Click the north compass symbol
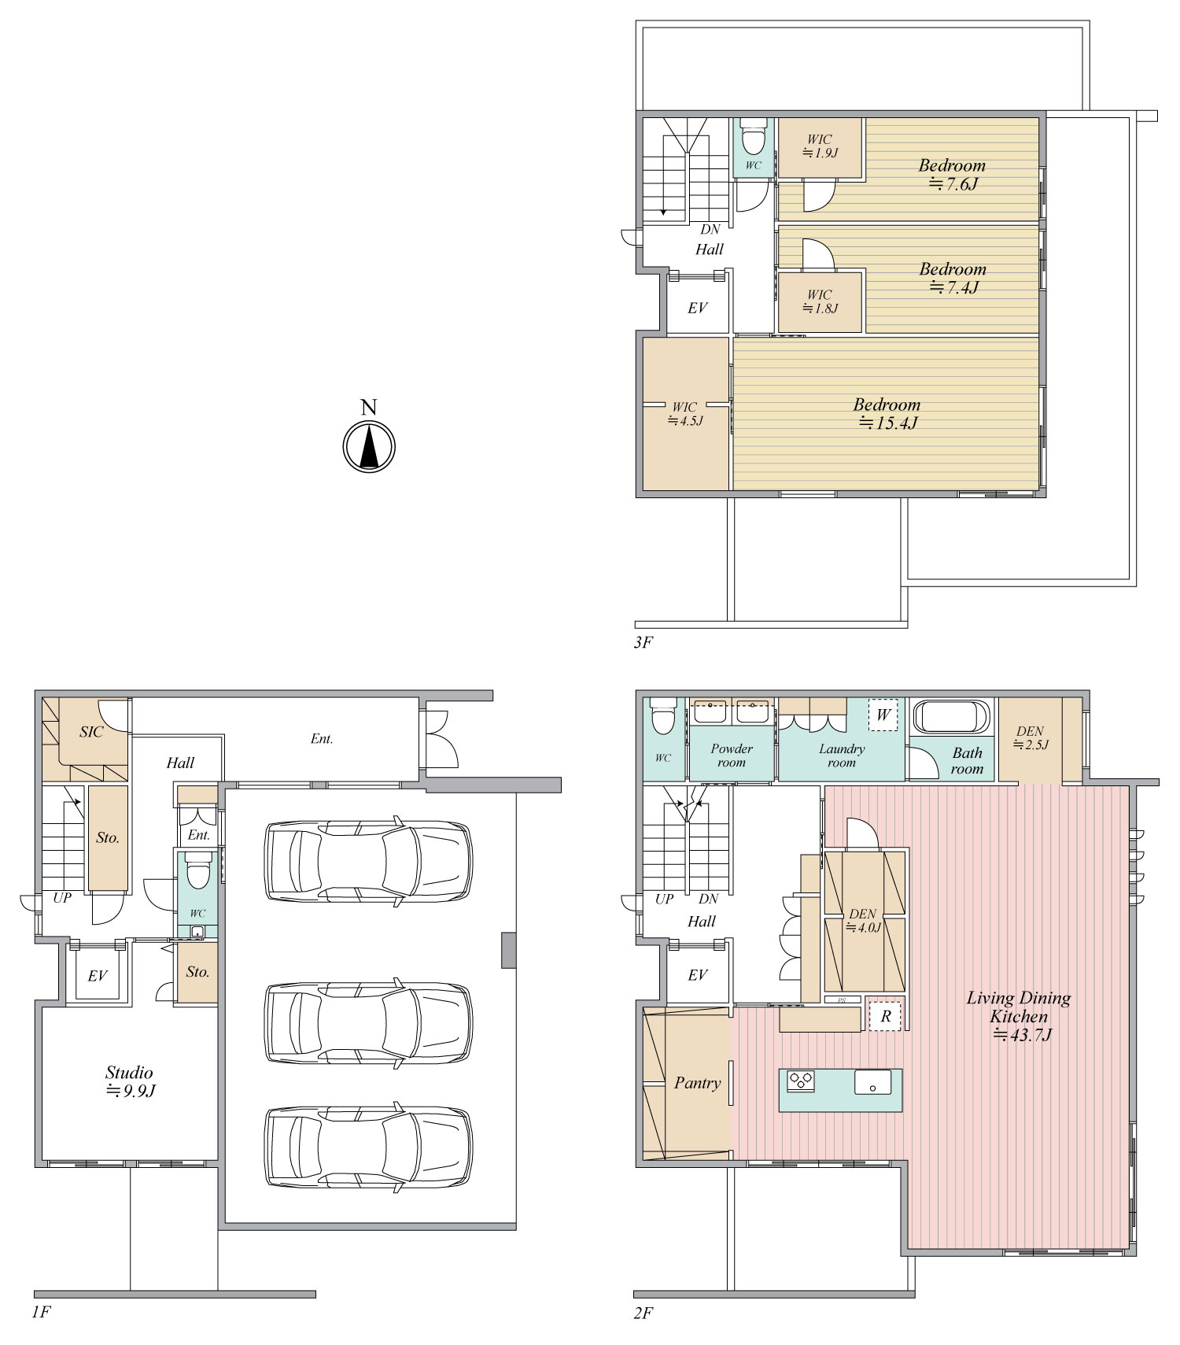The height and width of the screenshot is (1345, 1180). pyautogui.click(x=368, y=447)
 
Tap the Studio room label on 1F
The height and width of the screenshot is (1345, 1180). pyautogui.click(x=130, y=1081)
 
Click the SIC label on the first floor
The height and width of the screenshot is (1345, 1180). pyautogui.click(x=91, y=732)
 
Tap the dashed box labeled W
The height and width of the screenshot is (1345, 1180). pyautogui.click(x=883, y=715)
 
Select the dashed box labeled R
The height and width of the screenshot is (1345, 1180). pyautogui.click(x=886, y=1016)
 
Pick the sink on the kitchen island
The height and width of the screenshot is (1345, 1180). pyautogui.click(x=873, y=1081)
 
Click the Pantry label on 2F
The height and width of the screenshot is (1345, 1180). pyautogui.click(x=697, y=1084)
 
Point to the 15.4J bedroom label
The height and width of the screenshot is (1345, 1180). pyautogui.click(x=887, y=414)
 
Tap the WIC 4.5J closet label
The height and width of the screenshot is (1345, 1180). pyautogui.click(x=684, y=414)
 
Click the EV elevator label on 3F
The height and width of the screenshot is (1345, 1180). pyautogui.click(x=698, y=308)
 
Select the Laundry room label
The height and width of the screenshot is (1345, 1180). pyautogui.click(x=842, y=756)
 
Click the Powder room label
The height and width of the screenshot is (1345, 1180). pyautogui.click(x=732, y=756)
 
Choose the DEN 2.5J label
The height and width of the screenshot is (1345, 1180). pyautogui.click(x=1030, y=737)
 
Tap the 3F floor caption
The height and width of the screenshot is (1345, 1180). pyautogui.click(x=643, y=642)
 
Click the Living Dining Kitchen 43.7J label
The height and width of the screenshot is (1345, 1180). pyautogui.click(x=1020, y=1017)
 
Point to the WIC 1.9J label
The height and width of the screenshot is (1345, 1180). pyautogui.click(x=820, y=146)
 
